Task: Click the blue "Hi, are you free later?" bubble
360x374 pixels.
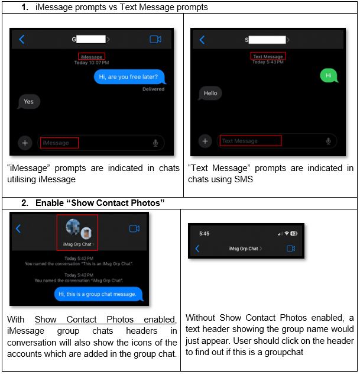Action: (129, 76)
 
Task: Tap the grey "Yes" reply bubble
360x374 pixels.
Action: (28, 102)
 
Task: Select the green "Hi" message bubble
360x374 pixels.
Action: (328, 76)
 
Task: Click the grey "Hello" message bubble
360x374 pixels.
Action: (210, 93)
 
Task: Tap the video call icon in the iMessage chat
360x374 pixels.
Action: (155, 40)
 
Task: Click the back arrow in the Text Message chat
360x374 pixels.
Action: (202, 40)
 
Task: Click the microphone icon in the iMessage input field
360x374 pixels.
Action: (155, 143)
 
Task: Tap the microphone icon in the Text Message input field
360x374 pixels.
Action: (328, 141)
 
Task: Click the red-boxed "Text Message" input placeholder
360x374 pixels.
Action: (250, 141)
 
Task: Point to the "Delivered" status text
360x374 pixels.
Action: (153, 89)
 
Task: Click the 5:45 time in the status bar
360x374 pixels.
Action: (204, 234)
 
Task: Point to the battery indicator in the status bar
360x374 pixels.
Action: (294, 234)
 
